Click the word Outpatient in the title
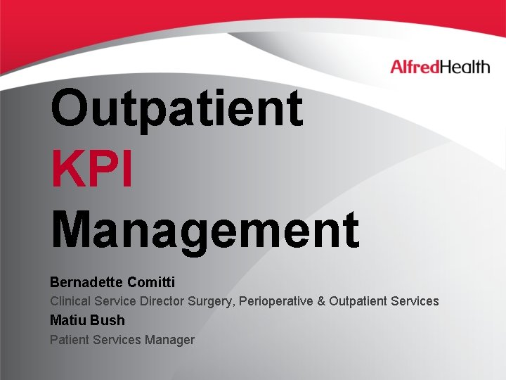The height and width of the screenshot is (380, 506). click(x=176, y=108)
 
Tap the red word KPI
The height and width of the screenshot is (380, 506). click(x=91, y=170)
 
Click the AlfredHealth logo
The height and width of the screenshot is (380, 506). click(x=440, y=68)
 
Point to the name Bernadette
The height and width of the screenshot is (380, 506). click(x=87, y=282)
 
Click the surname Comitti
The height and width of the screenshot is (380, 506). click(x=152, y=282)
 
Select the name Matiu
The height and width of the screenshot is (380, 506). click(x=67, y=320)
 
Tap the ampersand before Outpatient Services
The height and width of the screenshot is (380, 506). click(x=321, y=301)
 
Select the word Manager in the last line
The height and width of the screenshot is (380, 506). click(x=169, y=340)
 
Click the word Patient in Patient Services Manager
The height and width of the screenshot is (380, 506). click(x=68, y=340)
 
